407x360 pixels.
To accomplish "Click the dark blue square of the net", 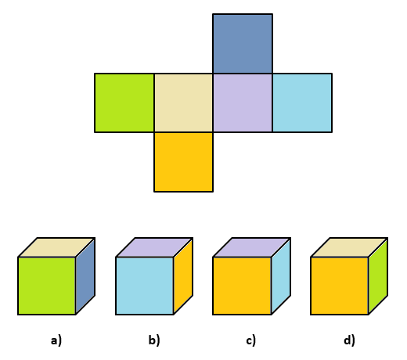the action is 243,44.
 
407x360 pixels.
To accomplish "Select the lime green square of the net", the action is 124,103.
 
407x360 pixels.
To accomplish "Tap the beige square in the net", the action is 183,103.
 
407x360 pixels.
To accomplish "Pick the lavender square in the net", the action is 243,103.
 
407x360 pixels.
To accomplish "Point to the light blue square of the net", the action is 302,103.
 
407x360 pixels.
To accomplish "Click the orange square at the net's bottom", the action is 183,162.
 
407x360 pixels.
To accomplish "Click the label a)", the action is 56,340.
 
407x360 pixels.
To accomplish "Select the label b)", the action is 154,340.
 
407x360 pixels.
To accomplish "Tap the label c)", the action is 251,340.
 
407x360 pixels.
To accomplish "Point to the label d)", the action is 349,340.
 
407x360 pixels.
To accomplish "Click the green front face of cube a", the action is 47,286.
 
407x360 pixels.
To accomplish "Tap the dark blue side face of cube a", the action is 85,276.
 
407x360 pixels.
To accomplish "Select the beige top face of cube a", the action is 56,247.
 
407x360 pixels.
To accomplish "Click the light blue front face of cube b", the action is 145,286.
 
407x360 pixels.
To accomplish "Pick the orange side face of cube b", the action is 183,276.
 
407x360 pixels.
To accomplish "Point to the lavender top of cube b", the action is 154,247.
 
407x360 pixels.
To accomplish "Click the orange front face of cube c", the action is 242,286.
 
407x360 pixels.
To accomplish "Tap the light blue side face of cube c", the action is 281,276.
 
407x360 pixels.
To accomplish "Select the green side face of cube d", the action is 378,276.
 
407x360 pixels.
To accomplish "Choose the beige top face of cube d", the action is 349,247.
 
